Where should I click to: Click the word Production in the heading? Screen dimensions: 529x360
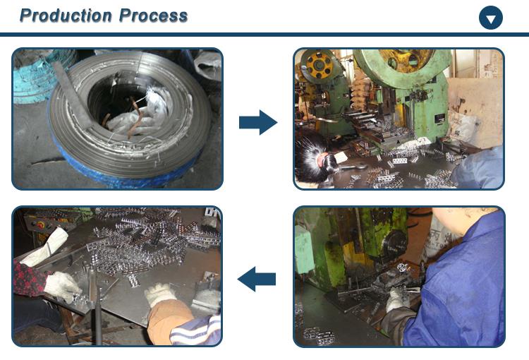tap(66, 16)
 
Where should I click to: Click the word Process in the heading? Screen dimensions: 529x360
tap(153, 16)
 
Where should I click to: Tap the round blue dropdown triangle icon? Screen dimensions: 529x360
tap(490, 18)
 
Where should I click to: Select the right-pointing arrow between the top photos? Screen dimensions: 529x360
tap(258, 122)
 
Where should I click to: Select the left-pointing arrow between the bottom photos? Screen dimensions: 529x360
tap(257, 279)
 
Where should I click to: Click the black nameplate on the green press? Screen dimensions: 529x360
tap(439, 119)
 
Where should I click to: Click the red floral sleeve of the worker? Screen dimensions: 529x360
tap(30, 279)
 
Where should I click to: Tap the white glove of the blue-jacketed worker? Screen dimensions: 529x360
tap(397, 300)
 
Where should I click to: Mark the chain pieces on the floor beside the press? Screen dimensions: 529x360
tap(319, 335)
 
